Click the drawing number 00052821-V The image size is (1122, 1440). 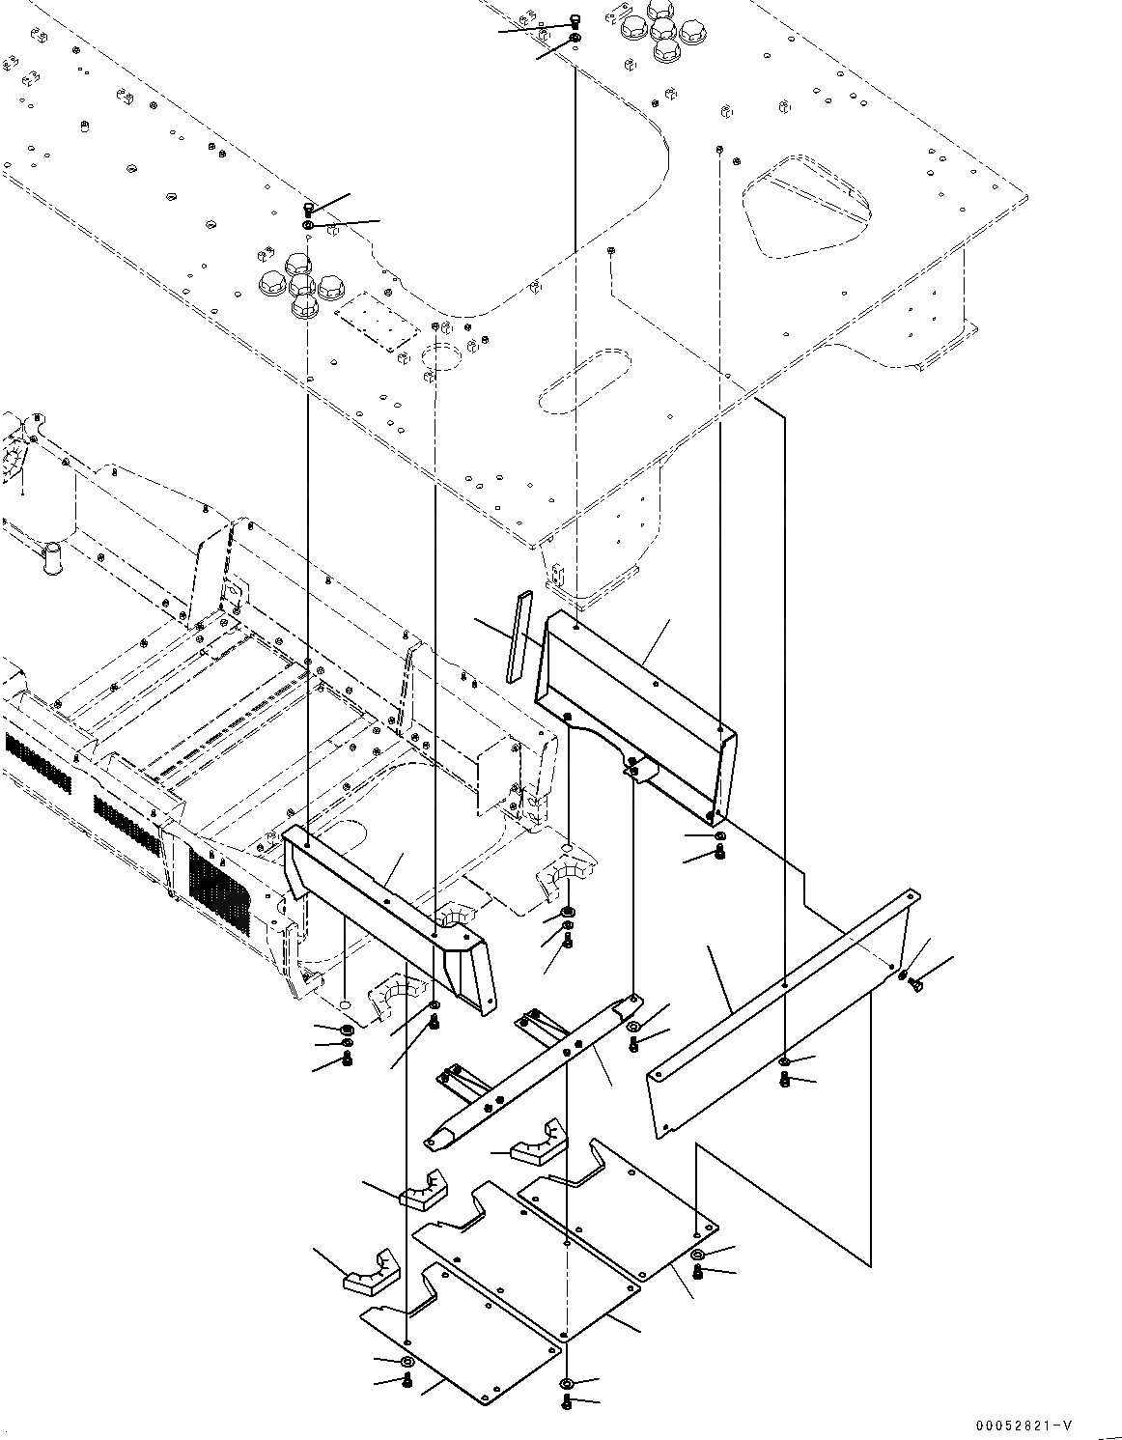(1023, 1426)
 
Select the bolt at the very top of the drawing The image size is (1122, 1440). (575, 21)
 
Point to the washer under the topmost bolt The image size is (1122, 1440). (575, 39)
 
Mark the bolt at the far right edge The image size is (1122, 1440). (915, 983)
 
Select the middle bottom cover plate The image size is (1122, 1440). (526, 1256)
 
